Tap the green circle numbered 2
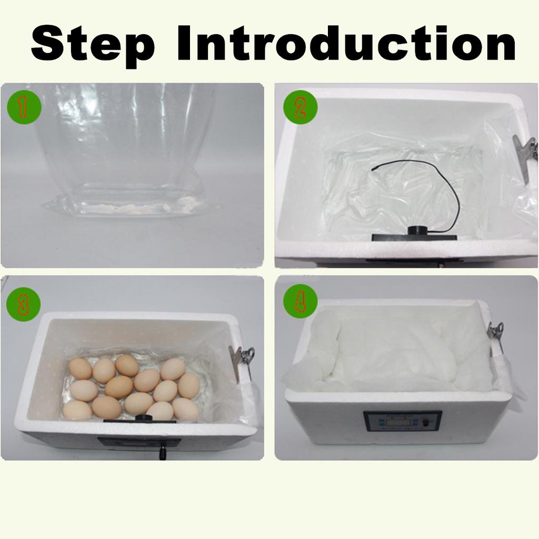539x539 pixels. pos(300,107)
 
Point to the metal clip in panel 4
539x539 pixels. pos(495,333)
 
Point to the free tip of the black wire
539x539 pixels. pos(373,169)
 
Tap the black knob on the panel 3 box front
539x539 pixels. pos(163,452)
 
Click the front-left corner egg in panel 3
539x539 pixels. pos(77,410)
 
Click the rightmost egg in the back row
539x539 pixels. pos(173,369)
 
